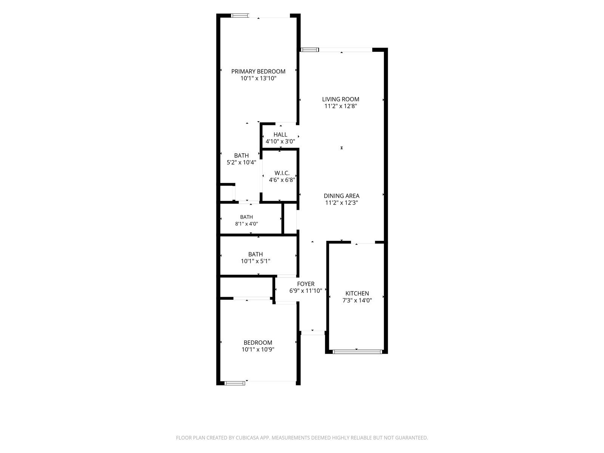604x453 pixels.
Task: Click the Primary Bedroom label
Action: coord(258,71)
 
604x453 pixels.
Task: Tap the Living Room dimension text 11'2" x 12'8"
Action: coord(341,106)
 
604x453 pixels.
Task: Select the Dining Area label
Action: coord(342,196)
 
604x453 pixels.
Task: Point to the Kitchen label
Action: coord(357,293)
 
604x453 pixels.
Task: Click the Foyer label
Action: coord(306,284)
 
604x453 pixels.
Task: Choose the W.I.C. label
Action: coord(282,173)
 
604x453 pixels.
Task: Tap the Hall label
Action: coord(280,134)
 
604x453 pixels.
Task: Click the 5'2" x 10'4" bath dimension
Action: coord(241,163)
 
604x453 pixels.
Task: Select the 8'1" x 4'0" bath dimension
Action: coord(247,224)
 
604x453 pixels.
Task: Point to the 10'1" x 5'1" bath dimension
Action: coord(256,261)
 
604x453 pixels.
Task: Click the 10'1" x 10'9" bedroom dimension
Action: coord(258,350)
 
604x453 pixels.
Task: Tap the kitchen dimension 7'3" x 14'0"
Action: coord(357,300)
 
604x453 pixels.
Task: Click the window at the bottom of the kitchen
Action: coord(357,351)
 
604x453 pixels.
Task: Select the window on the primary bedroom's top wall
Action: coord(240,15)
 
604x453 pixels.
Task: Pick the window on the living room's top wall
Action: coord(310,50)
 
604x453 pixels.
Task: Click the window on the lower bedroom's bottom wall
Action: coord(235,383)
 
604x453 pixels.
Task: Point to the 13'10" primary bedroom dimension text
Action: coord(268,79)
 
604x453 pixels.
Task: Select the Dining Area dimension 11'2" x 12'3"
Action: coord(342,203)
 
